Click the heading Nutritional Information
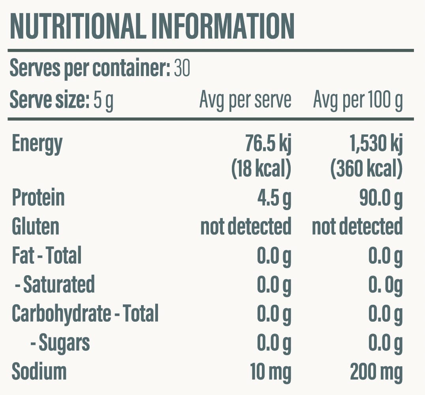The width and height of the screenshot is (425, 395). pos(152,27)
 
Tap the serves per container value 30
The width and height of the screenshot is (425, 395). pos(182,69)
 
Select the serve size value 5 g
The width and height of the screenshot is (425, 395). pos(103,100)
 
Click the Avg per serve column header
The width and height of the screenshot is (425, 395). pos(245,100)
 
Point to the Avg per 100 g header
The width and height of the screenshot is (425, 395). pos(358,100)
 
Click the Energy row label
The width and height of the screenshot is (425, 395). pos(37,143)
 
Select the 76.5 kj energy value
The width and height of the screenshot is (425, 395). pos(268,143)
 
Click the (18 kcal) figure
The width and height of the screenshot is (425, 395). pos(261,169)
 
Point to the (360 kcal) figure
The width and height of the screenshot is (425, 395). pos(366,169)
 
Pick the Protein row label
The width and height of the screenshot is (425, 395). pos(38,198)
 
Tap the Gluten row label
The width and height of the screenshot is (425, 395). pos(36,227)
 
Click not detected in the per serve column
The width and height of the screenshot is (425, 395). pos(246,227)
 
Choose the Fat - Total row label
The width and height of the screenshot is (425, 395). pos(47,255)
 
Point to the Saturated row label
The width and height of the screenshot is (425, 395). pos(55,284)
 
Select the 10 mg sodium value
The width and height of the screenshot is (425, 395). pos(271,371)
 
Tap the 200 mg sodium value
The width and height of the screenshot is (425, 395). pos(376,371)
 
